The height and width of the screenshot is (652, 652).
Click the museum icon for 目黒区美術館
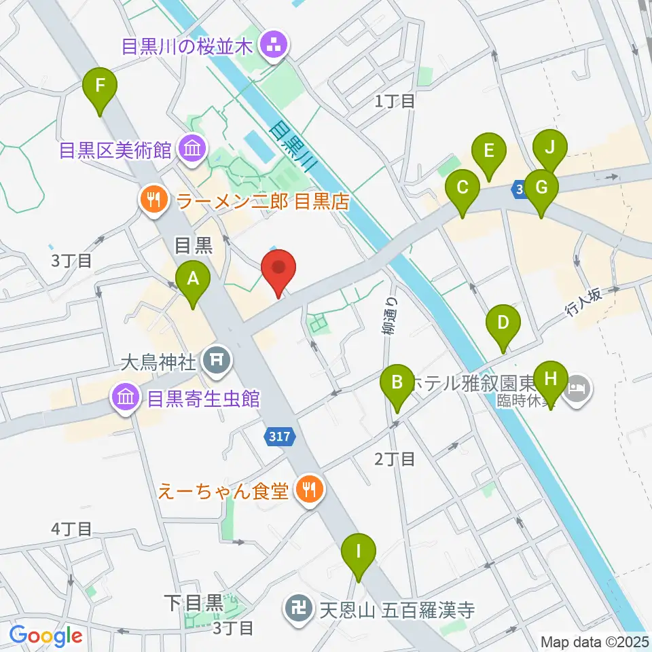pyautogui.click(x=190, y=149)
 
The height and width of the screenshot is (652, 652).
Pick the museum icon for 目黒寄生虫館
pyautogui.click(x=126, y=398)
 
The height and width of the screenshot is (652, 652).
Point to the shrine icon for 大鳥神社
pyautogui.click(x=217, y=360)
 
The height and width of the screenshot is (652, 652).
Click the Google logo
pyautogui.click(x=46, y=636)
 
